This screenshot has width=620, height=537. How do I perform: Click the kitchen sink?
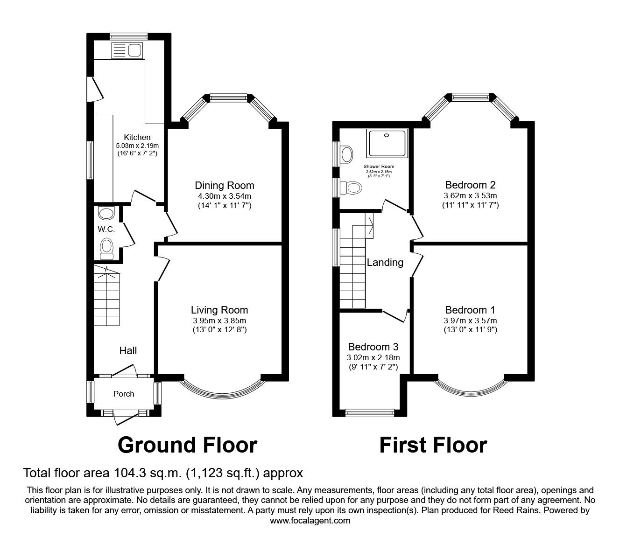127,50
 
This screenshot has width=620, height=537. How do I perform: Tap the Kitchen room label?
137,137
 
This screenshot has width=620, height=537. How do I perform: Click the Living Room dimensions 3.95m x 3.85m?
219,321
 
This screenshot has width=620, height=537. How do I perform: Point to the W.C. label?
106,229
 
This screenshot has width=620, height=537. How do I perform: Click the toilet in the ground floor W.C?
107,247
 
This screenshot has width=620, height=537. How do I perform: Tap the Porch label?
124,394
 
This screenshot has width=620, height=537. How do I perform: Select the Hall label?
128,350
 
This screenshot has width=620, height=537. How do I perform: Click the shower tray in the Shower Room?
387,143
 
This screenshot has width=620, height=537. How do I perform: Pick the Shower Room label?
379,166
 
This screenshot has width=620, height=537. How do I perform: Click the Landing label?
385,262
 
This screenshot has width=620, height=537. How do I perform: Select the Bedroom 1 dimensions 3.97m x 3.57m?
470,321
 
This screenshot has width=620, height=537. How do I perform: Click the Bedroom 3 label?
373,347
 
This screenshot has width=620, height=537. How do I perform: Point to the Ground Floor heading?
187,445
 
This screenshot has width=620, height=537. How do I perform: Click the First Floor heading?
433,445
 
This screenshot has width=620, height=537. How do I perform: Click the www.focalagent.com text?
310,520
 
